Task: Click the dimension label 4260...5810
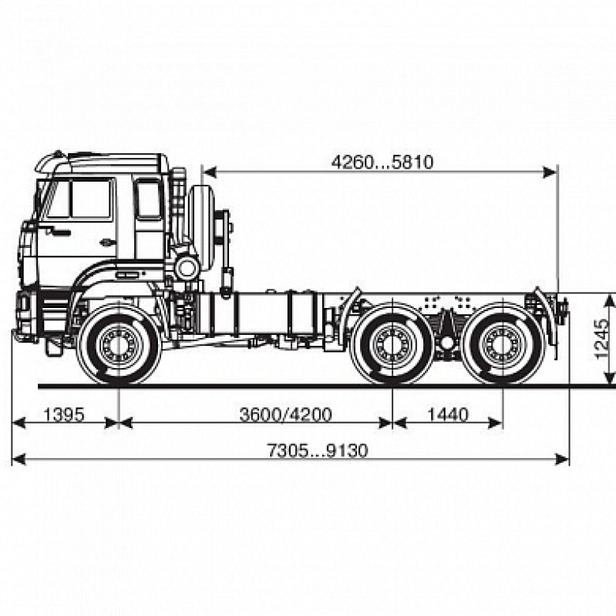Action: click(x=382, y=162)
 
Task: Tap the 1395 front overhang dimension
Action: click(x=63, y=415)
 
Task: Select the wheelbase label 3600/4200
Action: click(x=285, y=415)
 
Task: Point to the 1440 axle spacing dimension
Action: click(x=447, y=415)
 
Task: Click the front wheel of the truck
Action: click(x=119, y=345)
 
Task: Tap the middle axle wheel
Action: click(x=392, y=345)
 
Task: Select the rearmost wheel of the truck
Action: click(x=502, y=345)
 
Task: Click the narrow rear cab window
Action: click(x=148, y=199)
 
